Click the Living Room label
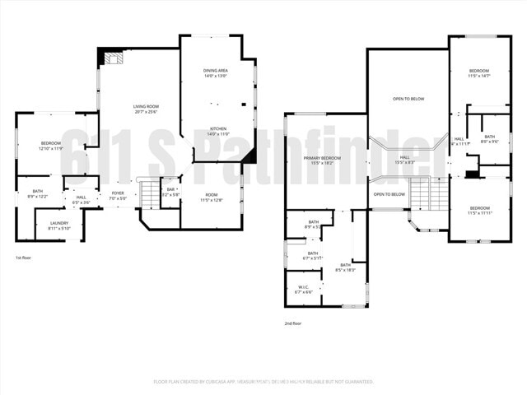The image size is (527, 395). point(146,109)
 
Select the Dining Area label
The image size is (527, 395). point(216,73)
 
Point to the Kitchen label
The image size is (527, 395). point(217,131)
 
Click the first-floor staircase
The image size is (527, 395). point(149,196)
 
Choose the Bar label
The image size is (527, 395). point(170,192)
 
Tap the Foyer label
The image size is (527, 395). point(119,196)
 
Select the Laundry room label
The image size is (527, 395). point(58,225)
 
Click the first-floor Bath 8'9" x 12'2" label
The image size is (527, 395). point(38,193)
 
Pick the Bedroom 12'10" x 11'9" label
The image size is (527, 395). point(51,146)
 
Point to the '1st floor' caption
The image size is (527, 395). point(24,259)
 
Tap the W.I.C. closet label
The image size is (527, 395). point(303,290)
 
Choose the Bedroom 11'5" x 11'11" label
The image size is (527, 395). point(479,210)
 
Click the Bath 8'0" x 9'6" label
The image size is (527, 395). point(489,139)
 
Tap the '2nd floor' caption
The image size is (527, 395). point(293,323)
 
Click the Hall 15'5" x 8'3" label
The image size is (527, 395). point(404,160)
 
